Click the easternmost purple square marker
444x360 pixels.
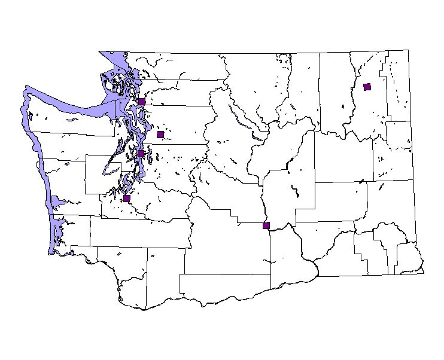tap(367, 87)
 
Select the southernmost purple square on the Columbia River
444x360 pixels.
tap(266, 225)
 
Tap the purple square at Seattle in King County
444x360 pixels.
tap(141, 153)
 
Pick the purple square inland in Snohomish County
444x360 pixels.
tap(160, 135)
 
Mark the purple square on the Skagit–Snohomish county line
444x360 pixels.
tap(142, 102)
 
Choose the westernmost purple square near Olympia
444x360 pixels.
tap(127, 199)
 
